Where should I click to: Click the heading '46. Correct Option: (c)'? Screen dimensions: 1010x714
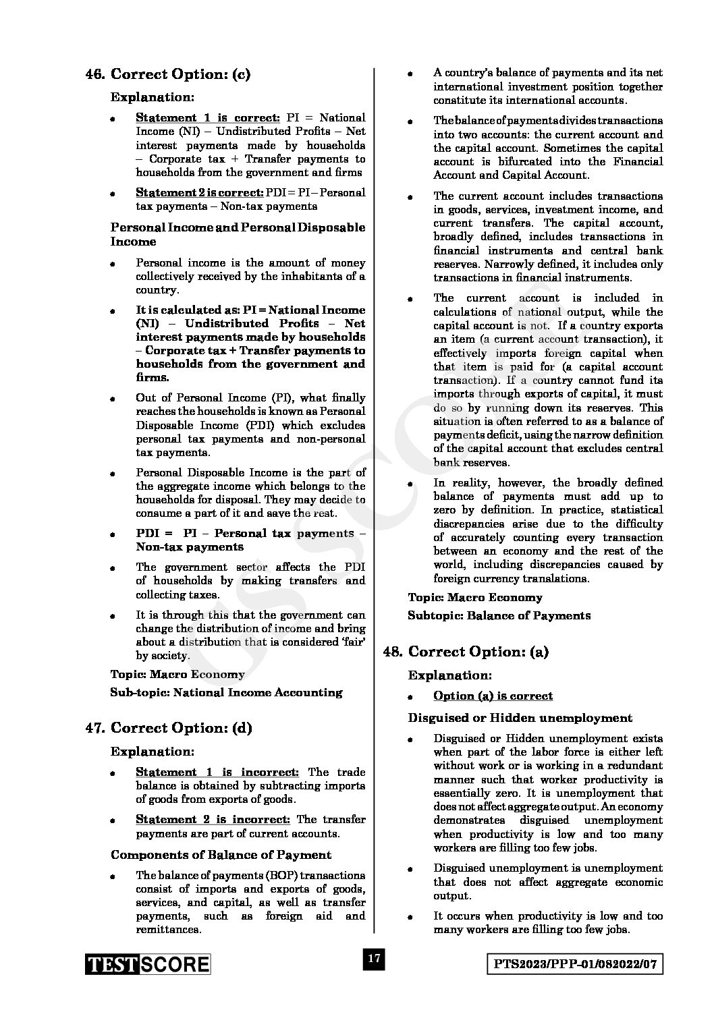(x=168, y=74)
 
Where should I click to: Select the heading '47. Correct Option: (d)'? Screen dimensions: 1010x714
(x=168, y=728)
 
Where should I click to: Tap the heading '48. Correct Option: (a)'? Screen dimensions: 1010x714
(x=466, y=651)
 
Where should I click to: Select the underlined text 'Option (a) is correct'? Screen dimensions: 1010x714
(x=493, y=696)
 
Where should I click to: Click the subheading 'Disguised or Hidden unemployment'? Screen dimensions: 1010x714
(x=520, y=718)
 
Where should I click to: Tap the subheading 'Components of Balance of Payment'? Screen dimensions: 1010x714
(x=221, y=855)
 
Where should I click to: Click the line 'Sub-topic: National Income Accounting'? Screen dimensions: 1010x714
(x=226, y=692)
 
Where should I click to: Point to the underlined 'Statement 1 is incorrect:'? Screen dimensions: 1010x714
(x=217, y=772)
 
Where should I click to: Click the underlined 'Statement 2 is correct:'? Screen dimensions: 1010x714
(x=200, y=192)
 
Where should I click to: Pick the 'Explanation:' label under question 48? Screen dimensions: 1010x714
(x=449, y=675)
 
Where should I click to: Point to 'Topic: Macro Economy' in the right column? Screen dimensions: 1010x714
(x=474, y=597)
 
